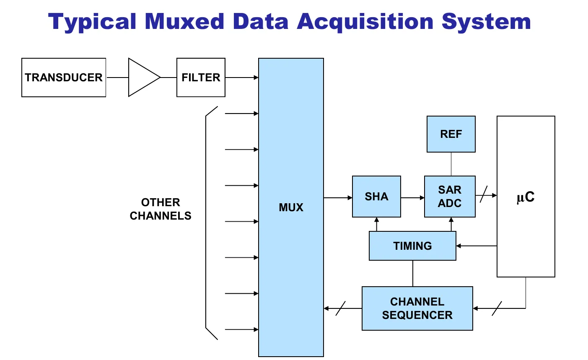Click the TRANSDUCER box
click(x=64, y=78)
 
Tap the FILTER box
click(x=201, y=78)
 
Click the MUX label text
click(x=291, y=207)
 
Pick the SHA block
click(x=376, y=197)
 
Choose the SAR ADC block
click(x=450, y=197)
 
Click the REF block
click(x=451, y=134)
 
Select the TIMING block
click(x=412, y=246)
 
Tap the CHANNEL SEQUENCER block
click(x=417, y=308)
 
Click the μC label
click(x=526, y=197)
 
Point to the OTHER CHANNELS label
click(x=161, y=209)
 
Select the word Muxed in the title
click(x=184, y=21)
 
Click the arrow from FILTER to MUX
click(x=242, y=78)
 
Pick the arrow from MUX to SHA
click(x=338, y=198)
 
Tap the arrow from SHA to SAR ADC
click(x=413, y=198)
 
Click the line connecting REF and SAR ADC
click(x=451, y=164)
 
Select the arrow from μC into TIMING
click(x=477, y=246)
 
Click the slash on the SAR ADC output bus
click(x=484, y=194)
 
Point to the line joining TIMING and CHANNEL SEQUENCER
click(x=413, y=273)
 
